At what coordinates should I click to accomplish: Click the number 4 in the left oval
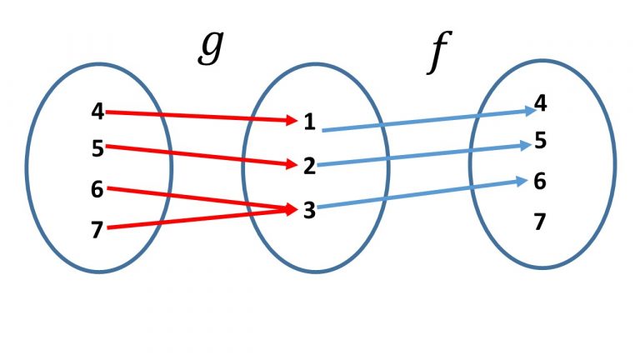97,111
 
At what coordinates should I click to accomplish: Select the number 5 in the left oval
97,149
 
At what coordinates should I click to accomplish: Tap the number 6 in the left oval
97,189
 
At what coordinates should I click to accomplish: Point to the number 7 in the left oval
97,230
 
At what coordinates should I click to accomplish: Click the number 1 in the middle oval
309,123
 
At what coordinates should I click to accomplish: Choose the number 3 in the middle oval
309,211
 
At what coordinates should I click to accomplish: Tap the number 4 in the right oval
541,103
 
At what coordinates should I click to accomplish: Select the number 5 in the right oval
541,141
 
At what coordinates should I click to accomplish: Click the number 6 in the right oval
541,181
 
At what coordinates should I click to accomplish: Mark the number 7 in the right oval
541,222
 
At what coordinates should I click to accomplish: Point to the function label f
434,55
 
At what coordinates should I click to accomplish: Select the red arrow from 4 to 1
200,117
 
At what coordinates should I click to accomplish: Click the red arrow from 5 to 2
200,156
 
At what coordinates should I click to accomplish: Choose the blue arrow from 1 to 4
425,120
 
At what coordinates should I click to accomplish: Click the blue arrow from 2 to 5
425,155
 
